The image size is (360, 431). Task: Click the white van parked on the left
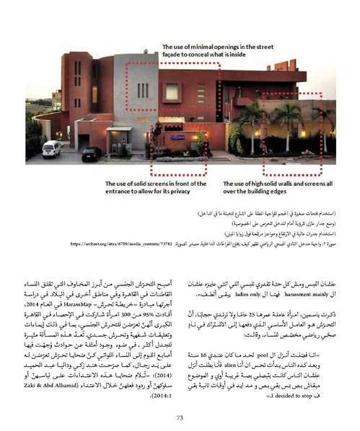pyautogui.click(x=51, y=148)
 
